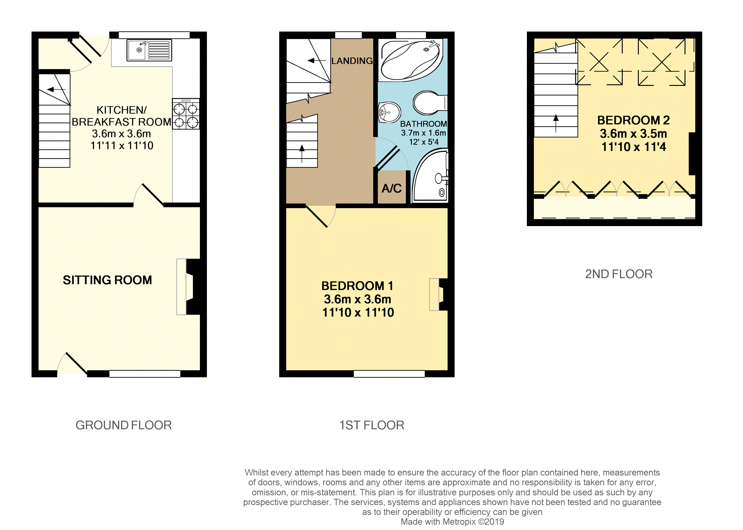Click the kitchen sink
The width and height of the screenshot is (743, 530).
tap(149, 50)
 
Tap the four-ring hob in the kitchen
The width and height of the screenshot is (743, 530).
tap(186, 114)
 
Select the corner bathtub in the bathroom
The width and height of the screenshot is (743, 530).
tap(411, 60)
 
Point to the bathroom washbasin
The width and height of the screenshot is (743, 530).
tap(389, 112)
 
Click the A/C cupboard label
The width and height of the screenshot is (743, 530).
tap(391, 188)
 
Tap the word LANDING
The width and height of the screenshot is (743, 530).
tap(352, 61)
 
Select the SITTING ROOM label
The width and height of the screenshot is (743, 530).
tap(107, 280)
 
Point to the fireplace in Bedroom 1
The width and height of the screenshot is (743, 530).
tap(439, 294)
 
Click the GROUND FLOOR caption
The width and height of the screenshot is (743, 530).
tap(124, 425)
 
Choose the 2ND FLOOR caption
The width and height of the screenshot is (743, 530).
tap(619, 274)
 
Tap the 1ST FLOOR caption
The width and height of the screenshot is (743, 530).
tap(371, 425)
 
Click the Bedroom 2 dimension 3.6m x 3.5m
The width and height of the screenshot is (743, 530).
tap(633, 134)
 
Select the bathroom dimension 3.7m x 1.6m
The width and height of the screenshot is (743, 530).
tap(423, 133)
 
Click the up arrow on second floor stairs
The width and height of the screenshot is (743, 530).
tap(556, 123)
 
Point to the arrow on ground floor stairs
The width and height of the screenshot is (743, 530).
tap(56, 89)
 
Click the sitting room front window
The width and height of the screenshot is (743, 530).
tap(145, 374)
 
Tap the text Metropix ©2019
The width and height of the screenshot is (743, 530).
tap(473, 522)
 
